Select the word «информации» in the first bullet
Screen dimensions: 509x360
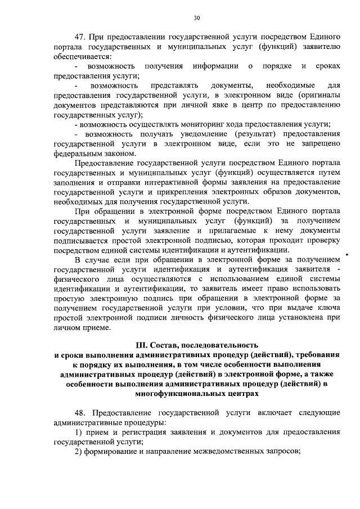[214, 67]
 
